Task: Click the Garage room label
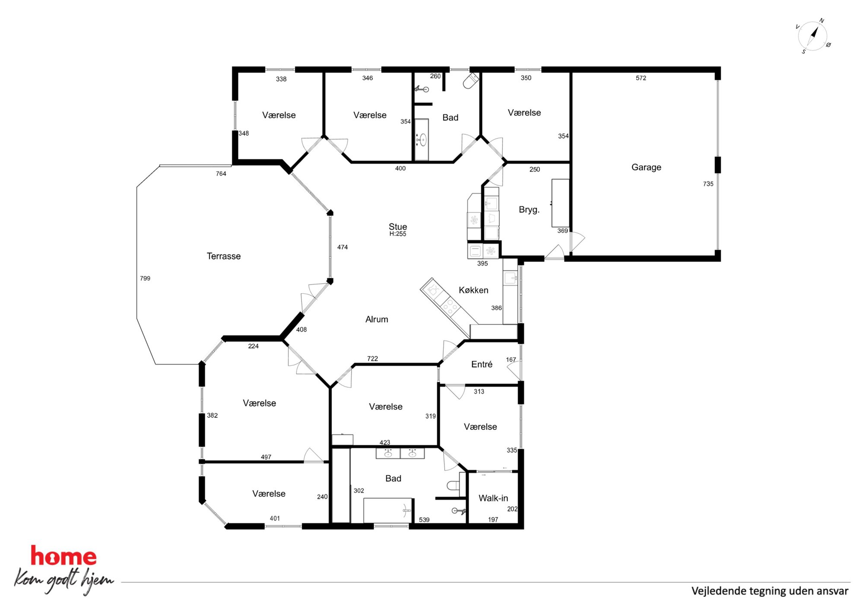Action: pyautogui.click(x=646, y=167)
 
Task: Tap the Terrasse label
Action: pyautogui.click(x=224, y=256)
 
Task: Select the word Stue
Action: pyautogui.click(x=398, y=227)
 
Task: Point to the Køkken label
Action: pyautogui.click(x=473, y=290)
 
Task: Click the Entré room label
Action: pyautogui.click(x=482, y=364)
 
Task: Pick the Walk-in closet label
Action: pyautogui.click(x=493, y=498)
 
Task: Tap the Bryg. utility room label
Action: pyautogui.click(x=529, y=210)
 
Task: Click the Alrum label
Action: pyautogui.click(x=377, y=319)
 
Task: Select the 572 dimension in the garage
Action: pyautogui.click(x=641, y=78)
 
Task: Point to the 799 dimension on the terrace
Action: pyautogui.click(x=145, y=278)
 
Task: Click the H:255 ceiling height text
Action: pyautogui.click(x=398, y=234)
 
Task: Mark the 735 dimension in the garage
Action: pyautogui.click(x=708, y=184)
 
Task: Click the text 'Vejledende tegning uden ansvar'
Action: pyautogui.click(x=770, y=591)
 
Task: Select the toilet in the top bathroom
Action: pyautogui.click(x=471, y=80)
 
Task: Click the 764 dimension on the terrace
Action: pyautogui.click(x=221, y=174)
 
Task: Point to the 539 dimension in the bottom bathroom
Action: pyautogui.click(x=424, y=520)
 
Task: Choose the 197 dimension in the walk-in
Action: pyautogui.click(x=493, y=520)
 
